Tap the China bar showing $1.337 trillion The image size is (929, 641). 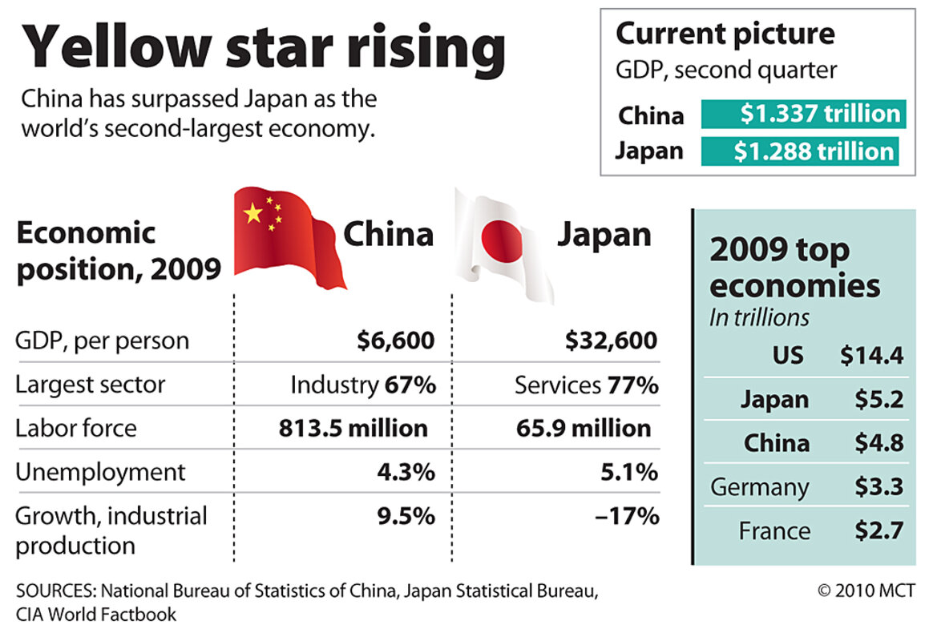point(803,114)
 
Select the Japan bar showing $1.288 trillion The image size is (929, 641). point(799,151)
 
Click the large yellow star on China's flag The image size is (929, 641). point(253,213)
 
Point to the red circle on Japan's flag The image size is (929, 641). point(501,240)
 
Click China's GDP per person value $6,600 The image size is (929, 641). point(396,341)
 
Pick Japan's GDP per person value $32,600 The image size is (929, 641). point(611,341)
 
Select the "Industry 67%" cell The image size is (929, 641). point(363,385)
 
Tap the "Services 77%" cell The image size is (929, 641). point(587,385)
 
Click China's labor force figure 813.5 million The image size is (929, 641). point(353,428)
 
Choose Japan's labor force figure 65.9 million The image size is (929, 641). point(584,428)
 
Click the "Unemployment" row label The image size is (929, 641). point(100,473)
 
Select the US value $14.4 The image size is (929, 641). point(871,355)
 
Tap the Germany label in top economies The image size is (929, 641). point(759,487)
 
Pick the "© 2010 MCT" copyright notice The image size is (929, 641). point(866,591)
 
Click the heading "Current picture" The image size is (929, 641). point(725,34)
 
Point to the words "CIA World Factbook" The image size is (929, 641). point(96,615)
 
